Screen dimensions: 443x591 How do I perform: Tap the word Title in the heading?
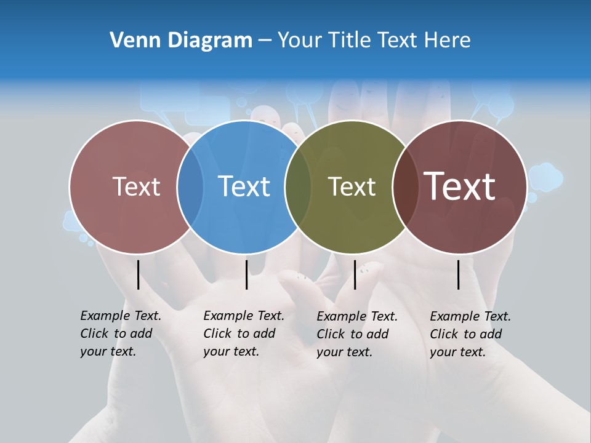click(350, 41)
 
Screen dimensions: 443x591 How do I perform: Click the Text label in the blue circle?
click(244, 186)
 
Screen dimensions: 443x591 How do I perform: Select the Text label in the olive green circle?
click(352, 186)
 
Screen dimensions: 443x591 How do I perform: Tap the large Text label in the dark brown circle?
click(460, 186)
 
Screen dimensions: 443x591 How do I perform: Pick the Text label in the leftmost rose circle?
click(136, 186)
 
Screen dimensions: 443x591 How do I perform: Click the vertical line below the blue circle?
click(246, 274)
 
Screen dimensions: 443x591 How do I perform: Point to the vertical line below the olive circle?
click(355, 274)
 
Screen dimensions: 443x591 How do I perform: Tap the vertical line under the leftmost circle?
click(138, 274)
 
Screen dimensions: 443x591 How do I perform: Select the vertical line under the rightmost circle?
click(458, 274)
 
